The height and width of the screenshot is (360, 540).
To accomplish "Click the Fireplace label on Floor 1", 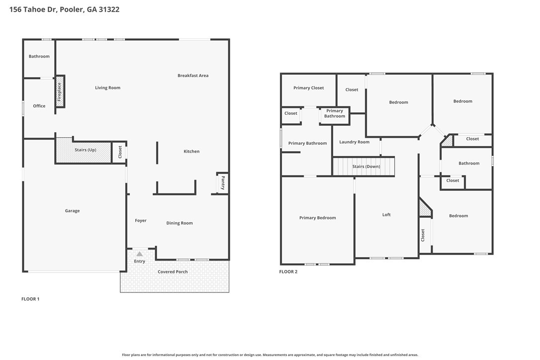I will point(60,91).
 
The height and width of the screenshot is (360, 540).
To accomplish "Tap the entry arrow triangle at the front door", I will point(140,254).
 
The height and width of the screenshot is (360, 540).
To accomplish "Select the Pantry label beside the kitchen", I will point(223,182).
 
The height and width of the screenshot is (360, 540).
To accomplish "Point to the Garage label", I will point(72,211).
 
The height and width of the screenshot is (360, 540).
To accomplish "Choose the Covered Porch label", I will point(173,272).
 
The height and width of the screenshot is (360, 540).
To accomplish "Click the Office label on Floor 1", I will point(39,106).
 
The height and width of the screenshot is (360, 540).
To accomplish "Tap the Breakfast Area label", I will point(193,76).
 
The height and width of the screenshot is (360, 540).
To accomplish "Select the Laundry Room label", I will point(354,142).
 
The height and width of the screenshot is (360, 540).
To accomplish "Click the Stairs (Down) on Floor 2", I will point(366,167).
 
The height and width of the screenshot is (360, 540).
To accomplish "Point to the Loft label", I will point(386,215).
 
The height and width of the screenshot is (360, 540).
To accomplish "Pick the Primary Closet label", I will point(308,88).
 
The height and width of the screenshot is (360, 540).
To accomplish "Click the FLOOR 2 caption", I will point(288,271).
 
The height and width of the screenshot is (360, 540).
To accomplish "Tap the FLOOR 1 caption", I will point(30,299).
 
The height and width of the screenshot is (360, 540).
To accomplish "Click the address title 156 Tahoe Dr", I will point(64,9).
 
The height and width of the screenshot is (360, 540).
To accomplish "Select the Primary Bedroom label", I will point(317,218).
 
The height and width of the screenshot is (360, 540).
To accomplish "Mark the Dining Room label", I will point(180,223).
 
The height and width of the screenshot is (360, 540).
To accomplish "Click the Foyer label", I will point(141,221).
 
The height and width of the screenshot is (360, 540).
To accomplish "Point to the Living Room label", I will point(108,88).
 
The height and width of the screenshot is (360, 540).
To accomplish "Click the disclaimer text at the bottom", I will point(270,355).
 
